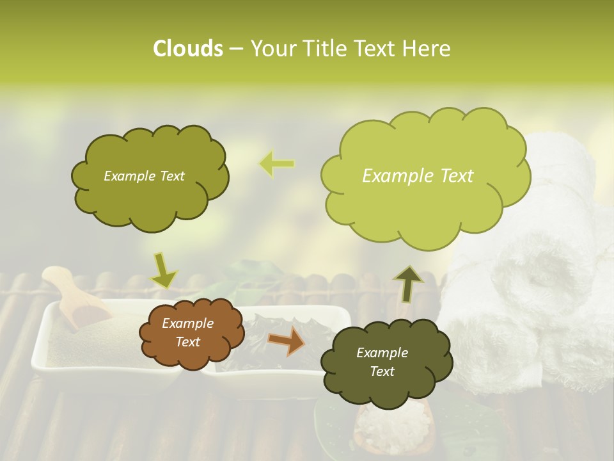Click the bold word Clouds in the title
[187, 49]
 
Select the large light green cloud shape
[425, 176]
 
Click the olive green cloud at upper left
[150, 176]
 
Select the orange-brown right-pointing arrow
[287, 342]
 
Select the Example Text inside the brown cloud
[188, 333]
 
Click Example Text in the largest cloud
[418, 176]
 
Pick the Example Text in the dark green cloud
[382, 362]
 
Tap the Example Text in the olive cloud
[144, 176]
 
